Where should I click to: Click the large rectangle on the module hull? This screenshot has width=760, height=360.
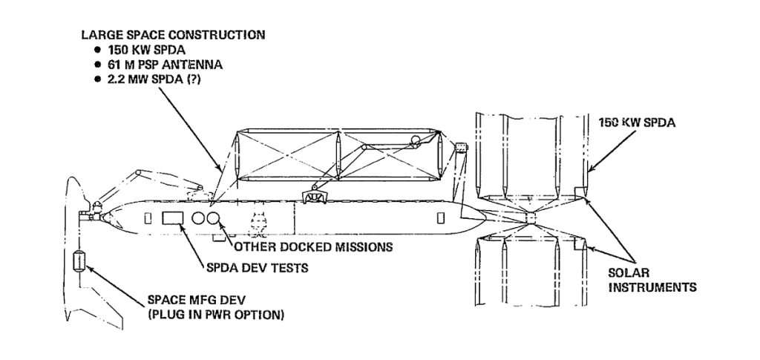coord(174,218)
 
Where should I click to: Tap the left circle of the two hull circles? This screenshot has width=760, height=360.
coord(198,218)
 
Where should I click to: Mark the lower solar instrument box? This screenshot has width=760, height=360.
coord(580,243)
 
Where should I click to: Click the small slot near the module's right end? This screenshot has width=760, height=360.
coord(440,218)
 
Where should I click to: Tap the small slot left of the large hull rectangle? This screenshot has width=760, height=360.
coord(147,218)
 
